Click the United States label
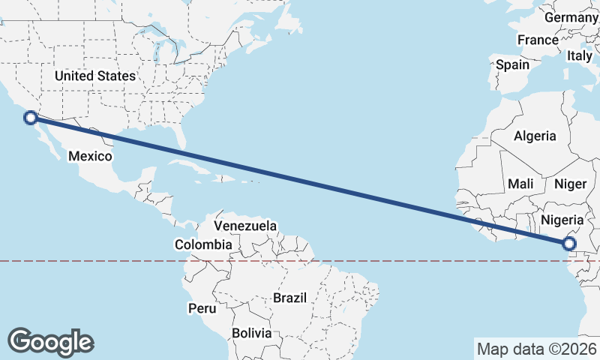[x=95, y=76]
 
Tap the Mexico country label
[x=90, y=156]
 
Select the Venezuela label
[x=245, y=226]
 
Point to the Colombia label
[x=203, y=244]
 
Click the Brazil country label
[x=290, y=297]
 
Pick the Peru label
[x=202, y=307]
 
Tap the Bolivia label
[x=250, y=332]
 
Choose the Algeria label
[x=535, y=136]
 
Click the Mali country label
[x=520, y=184]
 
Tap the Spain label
[x=513, y=64]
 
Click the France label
[x=538, y=40]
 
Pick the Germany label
[x=570, y=17]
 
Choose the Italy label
[x=579, y=55]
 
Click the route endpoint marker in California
[x=31, y=117]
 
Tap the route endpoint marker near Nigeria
[x=569, y=243]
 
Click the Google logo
[x=50, y=342]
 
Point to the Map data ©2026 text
[x=536, y=349]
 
